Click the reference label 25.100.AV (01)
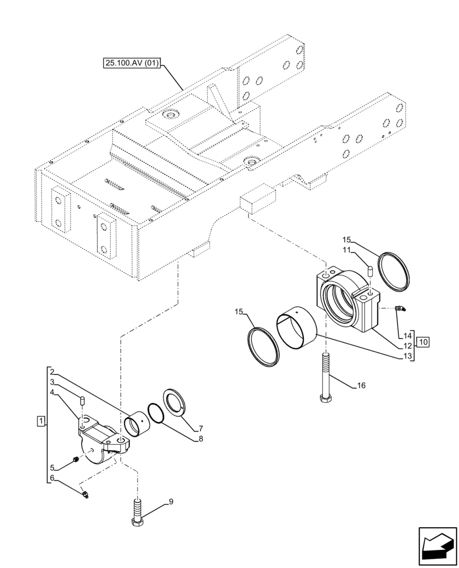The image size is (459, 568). (132, 64)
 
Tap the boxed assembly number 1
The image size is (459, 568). (40, 421)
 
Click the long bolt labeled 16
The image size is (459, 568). (325, 378)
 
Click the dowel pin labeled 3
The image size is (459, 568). (81, 401)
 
